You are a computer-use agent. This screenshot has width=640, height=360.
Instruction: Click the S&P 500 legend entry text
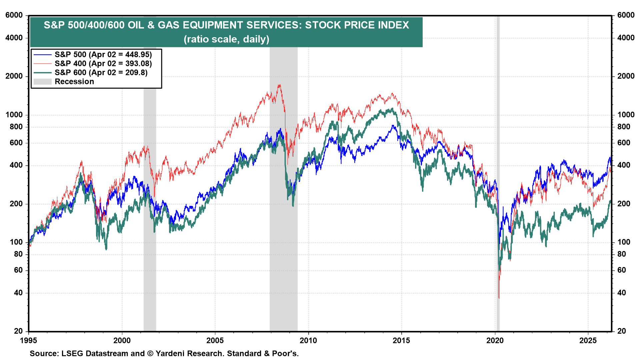click(x=103, y=55)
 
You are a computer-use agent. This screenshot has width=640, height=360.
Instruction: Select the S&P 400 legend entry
click(x=103, y=64)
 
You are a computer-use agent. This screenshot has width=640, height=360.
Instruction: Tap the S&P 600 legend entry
click(x=101, y=73)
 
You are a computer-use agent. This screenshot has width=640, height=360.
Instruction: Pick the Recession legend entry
click(x=74, y=82)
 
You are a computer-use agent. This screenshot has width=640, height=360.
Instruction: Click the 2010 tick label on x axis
click(x=308, y=341)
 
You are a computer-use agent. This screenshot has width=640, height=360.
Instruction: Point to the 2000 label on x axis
click(x=122, y=341)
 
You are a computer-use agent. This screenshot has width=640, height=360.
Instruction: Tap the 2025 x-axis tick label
click(x=588, y=341)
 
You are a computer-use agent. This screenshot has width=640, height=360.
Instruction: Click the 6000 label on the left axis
click(x=14, y=15)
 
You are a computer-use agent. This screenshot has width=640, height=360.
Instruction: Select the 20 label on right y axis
click(x=622, y=331)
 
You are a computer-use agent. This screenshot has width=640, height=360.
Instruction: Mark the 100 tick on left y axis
click(x=16, y=242)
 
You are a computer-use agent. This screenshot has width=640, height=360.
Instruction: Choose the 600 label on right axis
click(x=624, y=143)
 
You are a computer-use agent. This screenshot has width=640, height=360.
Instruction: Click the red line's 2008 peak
click(x=279, y=85)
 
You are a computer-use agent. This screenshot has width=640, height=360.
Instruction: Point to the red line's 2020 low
click(x=499, y=298)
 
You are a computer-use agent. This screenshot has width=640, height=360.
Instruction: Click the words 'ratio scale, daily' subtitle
click(x=226, y=39)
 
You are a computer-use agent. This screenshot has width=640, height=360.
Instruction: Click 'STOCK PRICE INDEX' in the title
click(x=357, y=25)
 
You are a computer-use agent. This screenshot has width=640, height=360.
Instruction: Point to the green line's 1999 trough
click(x=106, y=249)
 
